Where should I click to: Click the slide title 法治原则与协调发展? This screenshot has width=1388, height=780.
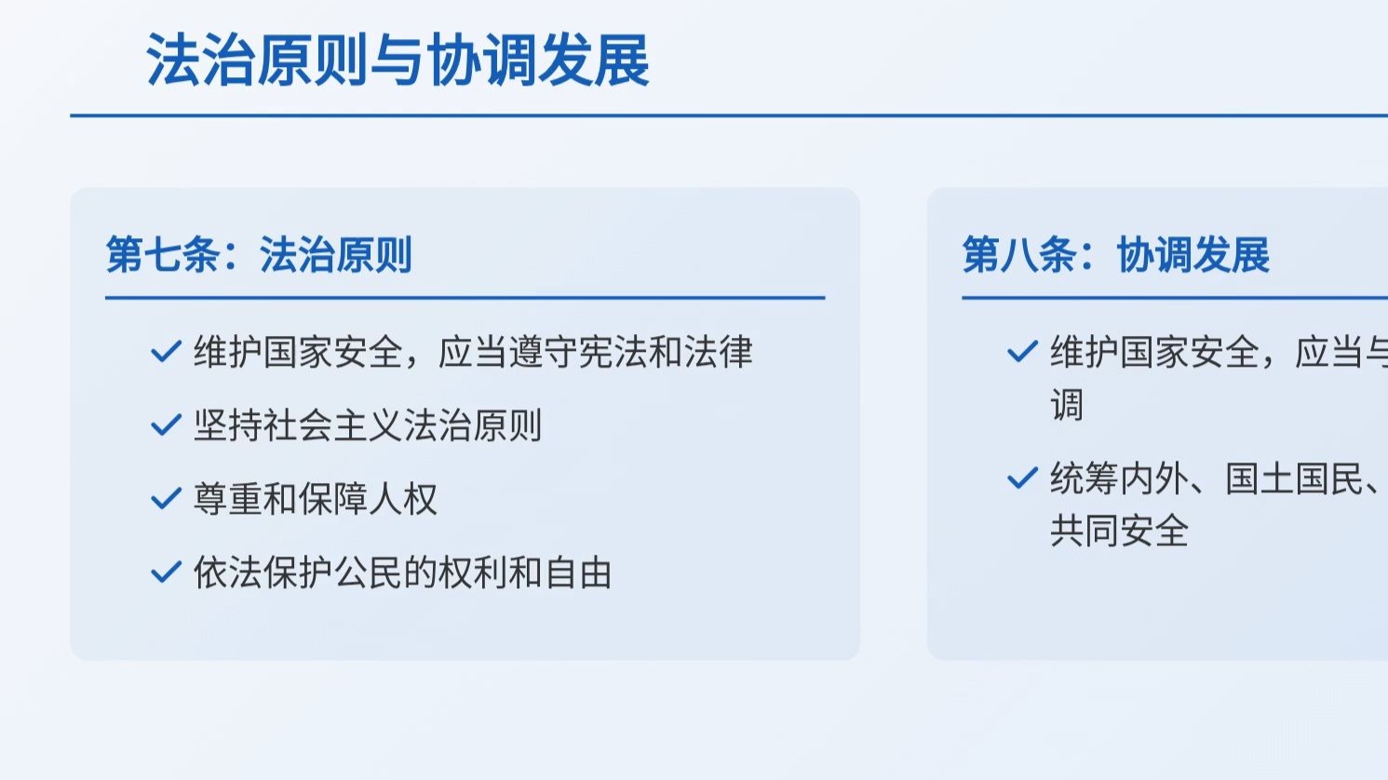pos(398,61)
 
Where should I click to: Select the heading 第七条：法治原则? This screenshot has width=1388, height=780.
pos(259,255)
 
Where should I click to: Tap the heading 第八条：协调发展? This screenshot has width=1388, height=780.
pos(1115,255)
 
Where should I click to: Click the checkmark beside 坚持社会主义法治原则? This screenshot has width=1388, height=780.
pos(166,426)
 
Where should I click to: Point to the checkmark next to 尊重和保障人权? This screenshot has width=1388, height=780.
pos(166,500)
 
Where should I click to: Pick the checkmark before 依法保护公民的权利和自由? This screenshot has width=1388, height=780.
pos(166,572)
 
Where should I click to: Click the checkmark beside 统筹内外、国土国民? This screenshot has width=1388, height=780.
pos(1022,479)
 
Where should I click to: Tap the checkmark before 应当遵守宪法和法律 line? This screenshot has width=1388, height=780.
pos(166,352)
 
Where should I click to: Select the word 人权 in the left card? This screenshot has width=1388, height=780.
pos(403,500)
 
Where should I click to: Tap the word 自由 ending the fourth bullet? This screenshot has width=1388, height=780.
pos(578,573)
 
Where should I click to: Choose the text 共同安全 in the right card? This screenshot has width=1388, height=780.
pos(1120,531)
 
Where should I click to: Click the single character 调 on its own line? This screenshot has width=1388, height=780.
pos(1067,406)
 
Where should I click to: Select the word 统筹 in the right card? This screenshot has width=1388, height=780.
pos(1085,479)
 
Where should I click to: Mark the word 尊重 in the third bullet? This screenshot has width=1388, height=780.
pos(228,500)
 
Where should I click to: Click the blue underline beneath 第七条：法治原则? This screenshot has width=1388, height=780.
pos(465,298)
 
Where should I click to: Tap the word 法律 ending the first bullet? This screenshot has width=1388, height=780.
pos(718,353)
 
